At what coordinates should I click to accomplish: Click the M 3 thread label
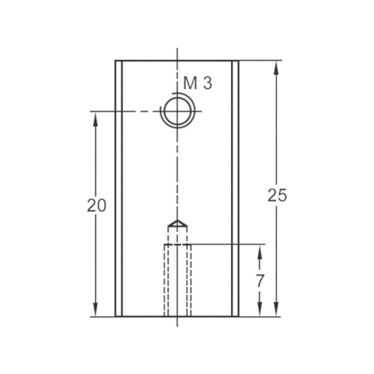click(198, 83)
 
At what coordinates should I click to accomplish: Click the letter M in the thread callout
click(190, 83)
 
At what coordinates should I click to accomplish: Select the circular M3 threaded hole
click(177, 111)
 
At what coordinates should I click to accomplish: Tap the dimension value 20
click(96, 205)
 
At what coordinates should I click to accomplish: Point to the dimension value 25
click(277, 195)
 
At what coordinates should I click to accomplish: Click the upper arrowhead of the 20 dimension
click(95, 118)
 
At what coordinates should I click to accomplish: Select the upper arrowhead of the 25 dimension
click(276, 67)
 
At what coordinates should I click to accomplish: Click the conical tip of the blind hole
click(178, 223)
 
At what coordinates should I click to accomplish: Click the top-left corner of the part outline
click(115, 61)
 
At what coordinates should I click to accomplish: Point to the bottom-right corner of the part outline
click(239, 316)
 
